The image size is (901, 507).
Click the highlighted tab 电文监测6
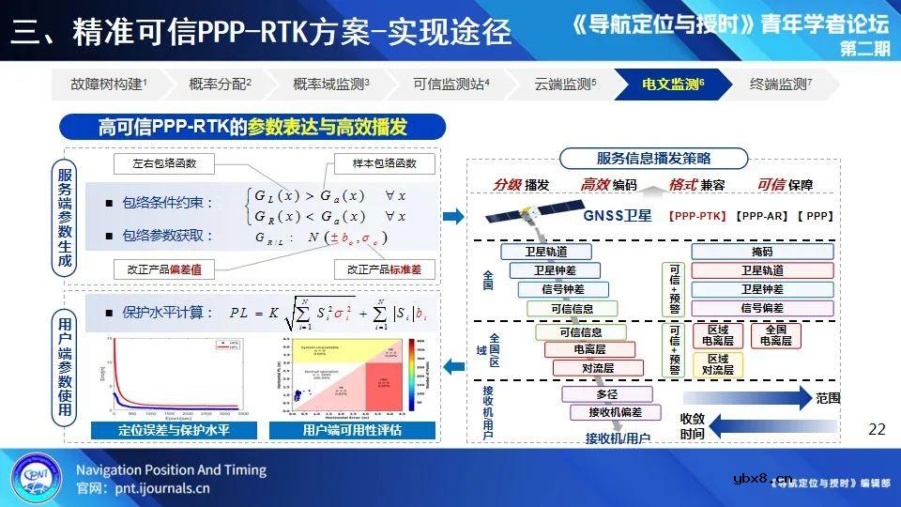[672, 84]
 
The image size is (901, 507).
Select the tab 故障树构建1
[109, 84]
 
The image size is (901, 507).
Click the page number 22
[877, 429]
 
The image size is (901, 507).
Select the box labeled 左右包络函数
[164, 163]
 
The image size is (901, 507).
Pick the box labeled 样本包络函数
[384, 163]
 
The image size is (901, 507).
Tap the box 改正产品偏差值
[165, 269]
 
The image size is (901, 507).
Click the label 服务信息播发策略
[653, 158]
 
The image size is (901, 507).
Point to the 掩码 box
[762, 252]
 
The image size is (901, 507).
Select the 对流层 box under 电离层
[598, 368]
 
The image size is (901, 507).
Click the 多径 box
[606, 394]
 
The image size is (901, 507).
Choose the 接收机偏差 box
[616, 412]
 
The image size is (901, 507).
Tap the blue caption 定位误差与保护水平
[174, 431]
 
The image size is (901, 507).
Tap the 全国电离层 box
[775, 335]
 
